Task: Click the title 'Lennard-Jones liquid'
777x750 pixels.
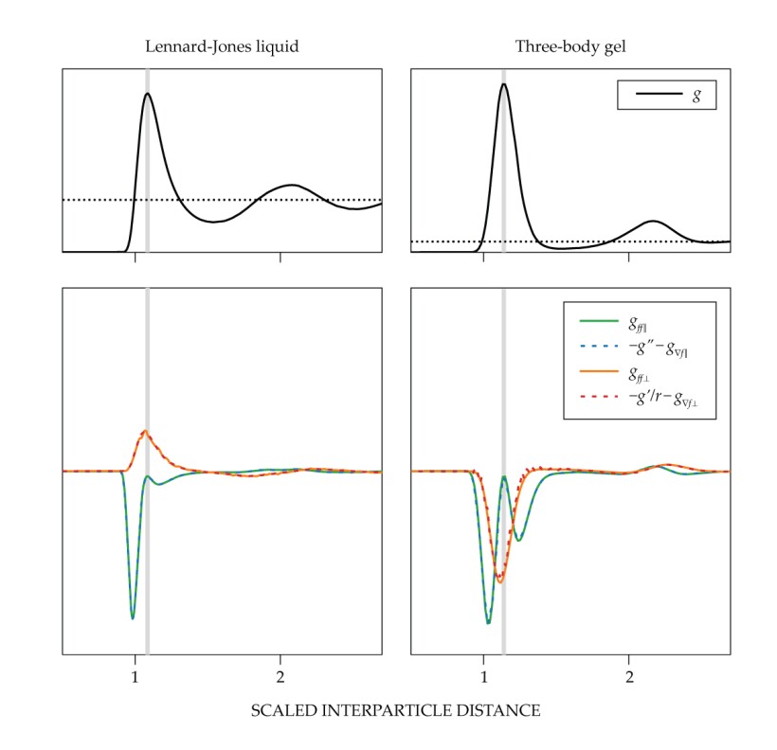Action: [221, 45]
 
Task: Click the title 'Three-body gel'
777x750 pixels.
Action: [569, 45]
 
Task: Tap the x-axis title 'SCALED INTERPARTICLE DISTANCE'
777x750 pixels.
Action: [396, 709]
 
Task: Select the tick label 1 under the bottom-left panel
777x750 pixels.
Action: [135, 676]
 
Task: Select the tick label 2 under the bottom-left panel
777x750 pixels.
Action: [280, 676]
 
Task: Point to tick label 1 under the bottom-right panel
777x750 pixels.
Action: [483, 676]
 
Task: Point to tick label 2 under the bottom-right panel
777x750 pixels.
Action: [629, 676]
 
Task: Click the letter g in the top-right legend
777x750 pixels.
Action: [696, 96]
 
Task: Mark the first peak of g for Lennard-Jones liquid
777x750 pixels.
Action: [147, 93]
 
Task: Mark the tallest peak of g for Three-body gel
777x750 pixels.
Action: [503, 83]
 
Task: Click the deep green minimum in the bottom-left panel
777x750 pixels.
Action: [133, 618]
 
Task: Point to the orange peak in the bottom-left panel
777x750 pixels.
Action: [145, 431]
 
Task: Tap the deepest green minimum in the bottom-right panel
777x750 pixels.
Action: [488, 622]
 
